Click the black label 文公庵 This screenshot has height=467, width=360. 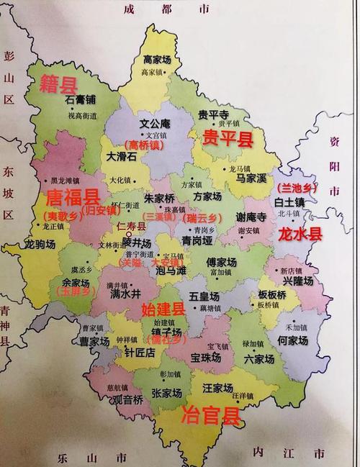[154, 123]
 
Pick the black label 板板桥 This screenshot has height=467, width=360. [272, 295]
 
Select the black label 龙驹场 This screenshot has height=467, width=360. [40, 245]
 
